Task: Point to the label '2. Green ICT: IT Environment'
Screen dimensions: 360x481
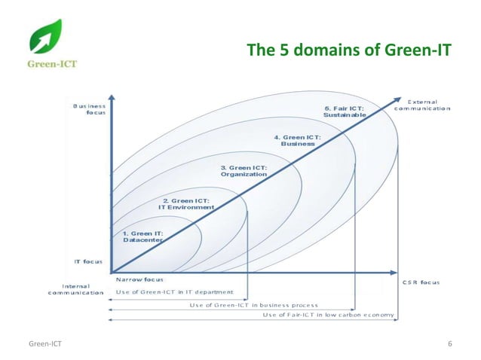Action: [188, 203]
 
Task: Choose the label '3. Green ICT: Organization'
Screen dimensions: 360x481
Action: [243, 170]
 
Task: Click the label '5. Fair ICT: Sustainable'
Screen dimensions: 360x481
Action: [345, 111]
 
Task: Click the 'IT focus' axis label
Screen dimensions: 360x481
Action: [87, 261]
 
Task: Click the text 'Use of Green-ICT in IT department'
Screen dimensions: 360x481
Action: [174, 292]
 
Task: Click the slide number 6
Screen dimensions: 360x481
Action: [449, 344]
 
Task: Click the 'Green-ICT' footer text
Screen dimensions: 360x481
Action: [44, 344]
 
